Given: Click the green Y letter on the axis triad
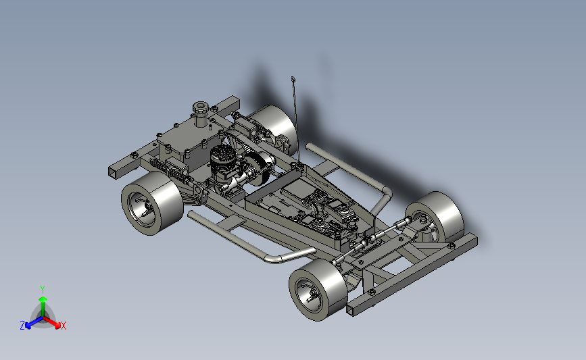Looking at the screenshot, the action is point(43,290).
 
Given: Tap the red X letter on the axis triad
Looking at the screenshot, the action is point(63,326).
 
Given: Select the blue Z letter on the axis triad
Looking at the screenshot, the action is point(22,326).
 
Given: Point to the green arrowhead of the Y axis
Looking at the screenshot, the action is point(43,299).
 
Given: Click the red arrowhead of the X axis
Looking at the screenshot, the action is point(57,326).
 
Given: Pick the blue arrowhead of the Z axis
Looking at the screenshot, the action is point(28,326).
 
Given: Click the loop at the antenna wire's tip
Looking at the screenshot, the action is point(293,79).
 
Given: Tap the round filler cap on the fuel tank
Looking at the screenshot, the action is point(201,108).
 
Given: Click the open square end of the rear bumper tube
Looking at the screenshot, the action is point(112,172).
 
